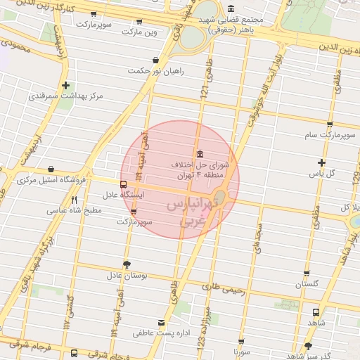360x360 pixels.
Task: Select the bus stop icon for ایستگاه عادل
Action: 124,185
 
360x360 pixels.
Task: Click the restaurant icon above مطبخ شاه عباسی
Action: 74,200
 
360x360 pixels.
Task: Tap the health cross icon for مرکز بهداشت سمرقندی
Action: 65,85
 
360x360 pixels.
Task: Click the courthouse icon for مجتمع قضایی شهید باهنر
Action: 231,8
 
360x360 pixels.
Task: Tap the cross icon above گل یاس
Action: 321,162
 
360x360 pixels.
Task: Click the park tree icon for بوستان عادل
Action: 127,264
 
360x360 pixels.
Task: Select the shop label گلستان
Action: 307,284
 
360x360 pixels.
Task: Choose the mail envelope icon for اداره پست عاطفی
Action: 163,322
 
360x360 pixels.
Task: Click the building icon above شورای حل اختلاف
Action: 200,154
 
